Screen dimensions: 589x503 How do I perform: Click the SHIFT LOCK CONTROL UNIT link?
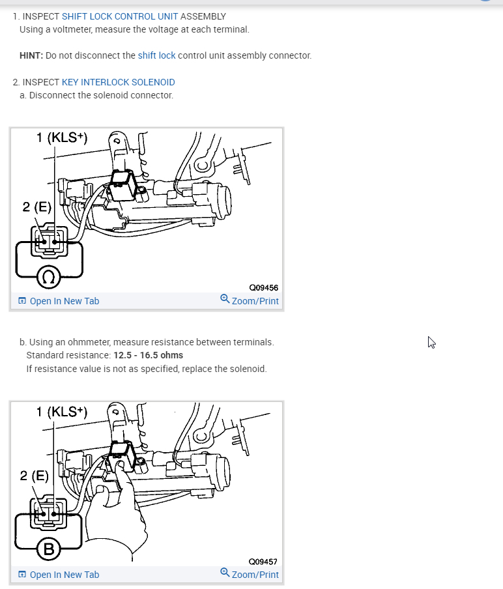[x=120, y=16]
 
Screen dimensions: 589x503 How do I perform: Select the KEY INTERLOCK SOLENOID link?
[x=118, y=82]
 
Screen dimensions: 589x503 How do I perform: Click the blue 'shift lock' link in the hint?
[x=156, y=55]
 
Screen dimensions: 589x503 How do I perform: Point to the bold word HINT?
[x=31, y=55]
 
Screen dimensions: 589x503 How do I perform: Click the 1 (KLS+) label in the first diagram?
[x=62, y=137]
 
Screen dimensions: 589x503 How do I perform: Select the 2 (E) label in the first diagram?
[x=36, y=207]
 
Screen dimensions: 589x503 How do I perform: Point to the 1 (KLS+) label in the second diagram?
[x=62, y=411]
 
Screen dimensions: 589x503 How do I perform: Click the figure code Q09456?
[x=263, y=287]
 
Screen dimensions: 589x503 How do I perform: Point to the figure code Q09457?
[x=263, y=561]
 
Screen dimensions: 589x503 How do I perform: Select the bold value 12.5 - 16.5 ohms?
[x=148, y=355]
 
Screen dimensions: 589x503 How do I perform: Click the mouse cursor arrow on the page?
[x=431, y=342]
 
